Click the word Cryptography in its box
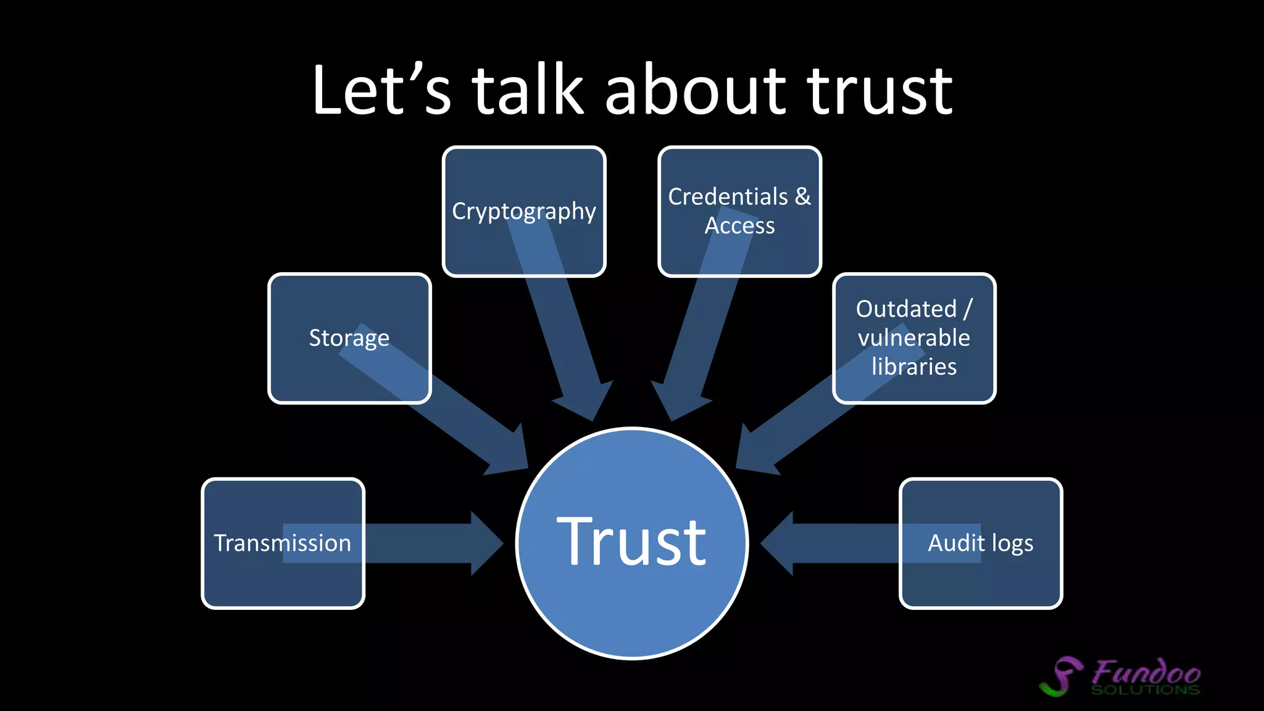tap(523, 211)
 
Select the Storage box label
tap(349, 338)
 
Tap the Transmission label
tap(283, 543)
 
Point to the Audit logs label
tap(980, 543)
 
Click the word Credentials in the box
tap(728, 197)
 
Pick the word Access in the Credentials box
tap(739, 226)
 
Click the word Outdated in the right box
tap(905, 309)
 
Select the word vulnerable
tap(913, 338)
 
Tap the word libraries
tap(913, 367)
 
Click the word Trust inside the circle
tap(631, 542)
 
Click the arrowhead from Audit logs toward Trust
tap(779, 543)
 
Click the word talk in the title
tap(528, 91)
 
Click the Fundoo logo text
tap(1146, 672)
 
